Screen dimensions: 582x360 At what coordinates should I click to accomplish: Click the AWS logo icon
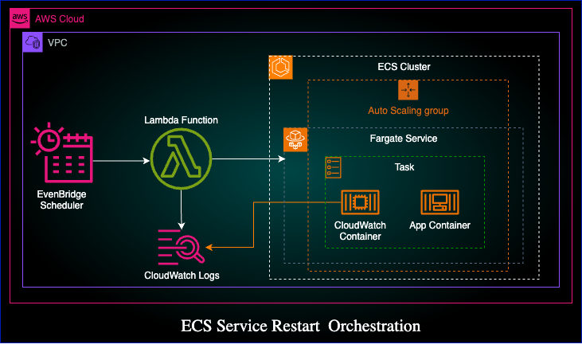(20, 18)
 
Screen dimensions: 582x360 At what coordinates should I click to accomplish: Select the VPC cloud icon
(33, 42)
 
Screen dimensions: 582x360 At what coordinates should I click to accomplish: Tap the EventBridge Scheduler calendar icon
(62, 153)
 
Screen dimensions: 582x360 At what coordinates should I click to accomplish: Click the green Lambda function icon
(182, 158)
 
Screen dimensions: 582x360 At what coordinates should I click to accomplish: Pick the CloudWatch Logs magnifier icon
(182, 247)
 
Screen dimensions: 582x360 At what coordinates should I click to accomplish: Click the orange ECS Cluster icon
(280, 67)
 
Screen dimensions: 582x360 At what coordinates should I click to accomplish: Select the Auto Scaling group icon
(408, 90)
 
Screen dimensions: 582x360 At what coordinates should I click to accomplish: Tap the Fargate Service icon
(295, 139)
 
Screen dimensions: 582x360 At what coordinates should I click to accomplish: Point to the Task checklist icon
(333, 167)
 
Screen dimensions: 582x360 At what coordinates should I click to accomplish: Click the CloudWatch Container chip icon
(360, 202)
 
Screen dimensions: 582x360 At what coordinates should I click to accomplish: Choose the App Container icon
(439, 202)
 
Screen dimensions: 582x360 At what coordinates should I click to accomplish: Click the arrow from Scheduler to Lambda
(121, 161)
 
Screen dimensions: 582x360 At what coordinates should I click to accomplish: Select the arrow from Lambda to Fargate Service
(248, 158)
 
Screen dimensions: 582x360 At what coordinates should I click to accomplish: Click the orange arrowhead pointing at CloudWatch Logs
(209, 247)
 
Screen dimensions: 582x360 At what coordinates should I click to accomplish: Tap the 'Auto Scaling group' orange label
(408, 111)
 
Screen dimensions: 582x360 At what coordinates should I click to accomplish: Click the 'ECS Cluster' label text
(404, 67)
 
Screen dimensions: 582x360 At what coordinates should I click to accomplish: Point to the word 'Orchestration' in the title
(374, 326)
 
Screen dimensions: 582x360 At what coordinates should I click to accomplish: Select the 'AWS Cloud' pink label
(60, 18)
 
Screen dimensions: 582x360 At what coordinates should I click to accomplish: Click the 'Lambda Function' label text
(182, 120)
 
